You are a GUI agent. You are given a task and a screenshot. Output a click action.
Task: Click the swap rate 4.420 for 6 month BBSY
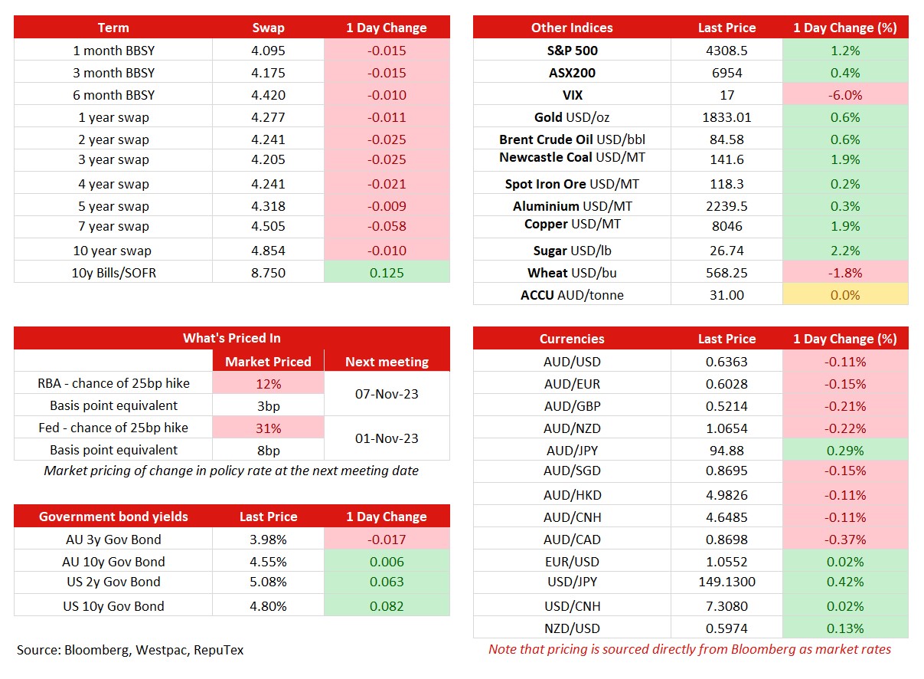coord(268,95)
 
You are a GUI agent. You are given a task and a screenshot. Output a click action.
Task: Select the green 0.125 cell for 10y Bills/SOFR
coord(387,272)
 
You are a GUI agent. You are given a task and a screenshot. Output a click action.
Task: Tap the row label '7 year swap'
coord(113,226)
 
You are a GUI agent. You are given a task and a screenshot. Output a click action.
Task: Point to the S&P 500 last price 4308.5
coord(726,51)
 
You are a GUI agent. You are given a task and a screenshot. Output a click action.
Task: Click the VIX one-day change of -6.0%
coord(845,95)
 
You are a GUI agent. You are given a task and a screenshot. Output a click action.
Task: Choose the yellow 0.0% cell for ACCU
coord(845,294)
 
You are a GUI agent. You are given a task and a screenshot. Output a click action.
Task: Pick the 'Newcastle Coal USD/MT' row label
coord(572,157)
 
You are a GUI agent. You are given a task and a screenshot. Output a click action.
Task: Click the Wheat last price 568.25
coord(726,273)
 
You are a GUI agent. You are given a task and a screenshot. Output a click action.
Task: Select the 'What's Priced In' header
coord(232,338)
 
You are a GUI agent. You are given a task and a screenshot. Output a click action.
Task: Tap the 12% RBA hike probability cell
coord(268,383)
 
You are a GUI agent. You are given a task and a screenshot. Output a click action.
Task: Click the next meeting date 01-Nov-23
coord(387,438)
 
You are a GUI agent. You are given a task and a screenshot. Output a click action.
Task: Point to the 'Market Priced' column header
coord(268,362)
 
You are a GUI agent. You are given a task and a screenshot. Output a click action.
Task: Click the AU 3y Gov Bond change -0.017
coord(387,539)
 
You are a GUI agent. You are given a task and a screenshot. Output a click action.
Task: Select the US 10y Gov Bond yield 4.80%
coord(268,606)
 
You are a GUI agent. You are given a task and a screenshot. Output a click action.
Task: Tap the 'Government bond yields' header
coord(113,517)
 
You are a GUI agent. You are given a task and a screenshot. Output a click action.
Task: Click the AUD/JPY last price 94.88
coord(726,450)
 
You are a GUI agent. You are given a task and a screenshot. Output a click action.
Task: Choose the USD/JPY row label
coord(572,582)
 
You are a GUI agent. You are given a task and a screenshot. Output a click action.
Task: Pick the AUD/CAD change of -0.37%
coord(845,539)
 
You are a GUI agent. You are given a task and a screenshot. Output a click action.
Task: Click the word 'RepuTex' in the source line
coord(219,650)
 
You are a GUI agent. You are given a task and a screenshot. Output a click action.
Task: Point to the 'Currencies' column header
coord(572,339)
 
